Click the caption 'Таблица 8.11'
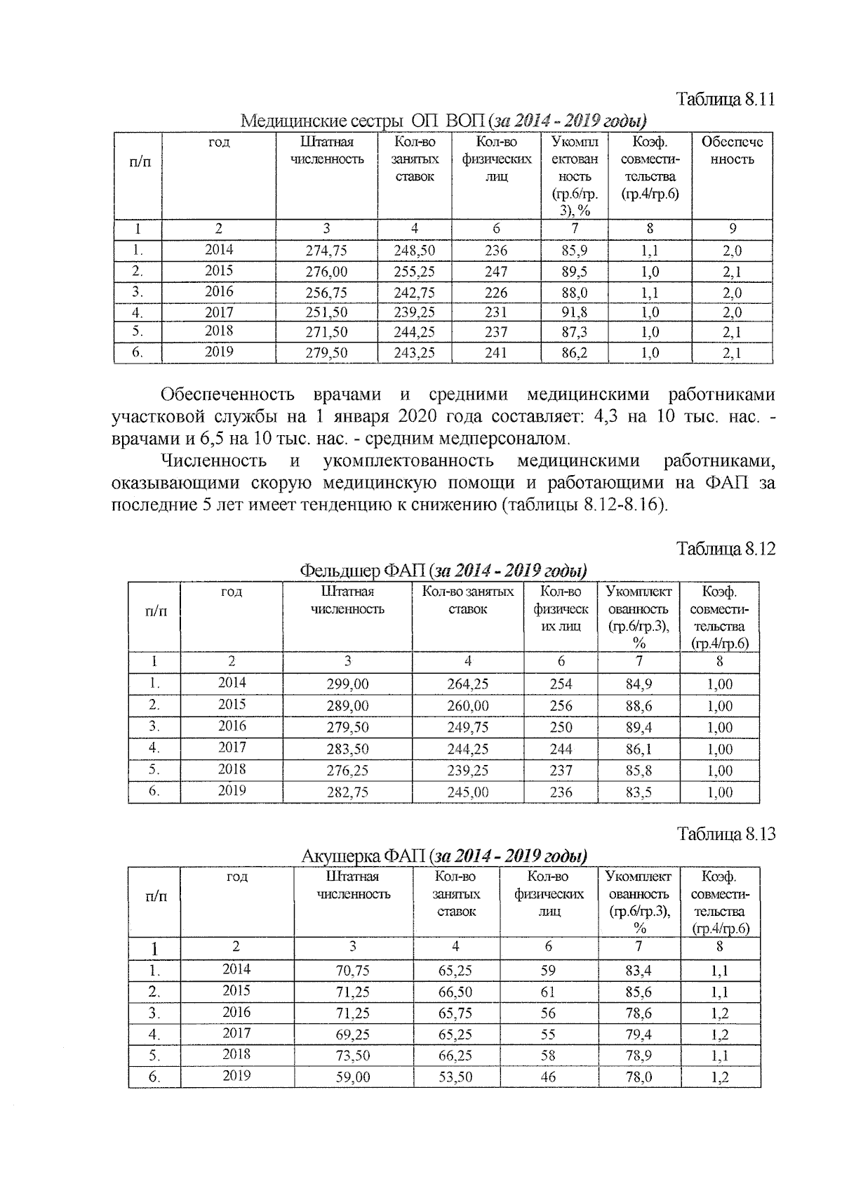[x=725, y=99]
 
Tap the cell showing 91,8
[x=574, y=312]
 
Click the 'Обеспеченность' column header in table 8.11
[x=731, y=150]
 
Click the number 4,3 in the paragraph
[x=605, y=416]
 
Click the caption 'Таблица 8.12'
[x=726, y=549]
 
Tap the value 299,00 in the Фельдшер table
[x=347, y=684]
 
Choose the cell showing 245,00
[x=467, y=792]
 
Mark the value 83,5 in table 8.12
[x=638, y=792]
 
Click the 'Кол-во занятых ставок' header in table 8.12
[x=467, y=601]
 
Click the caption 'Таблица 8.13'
[x=726, y=834]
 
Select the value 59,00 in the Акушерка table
[x=352, y=1077]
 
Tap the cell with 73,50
[x=352, y=1056]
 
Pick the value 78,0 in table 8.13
[x=638, y=1077]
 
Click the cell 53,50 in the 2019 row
[x=455, y=1077]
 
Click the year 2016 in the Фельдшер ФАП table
[x=232, y=726]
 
